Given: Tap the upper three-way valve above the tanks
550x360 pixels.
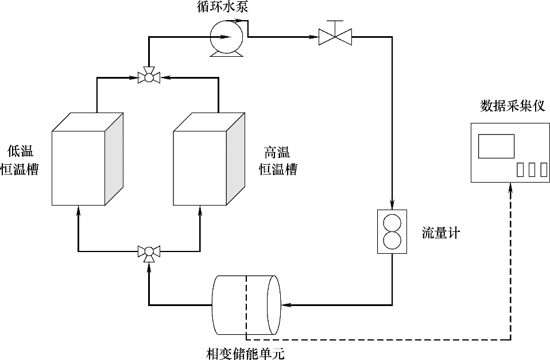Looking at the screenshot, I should [149, 76].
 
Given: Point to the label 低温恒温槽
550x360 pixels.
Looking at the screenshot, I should [20, 161].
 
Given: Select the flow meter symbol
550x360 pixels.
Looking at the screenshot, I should [392, 231].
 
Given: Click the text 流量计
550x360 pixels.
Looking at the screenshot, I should [441, 233].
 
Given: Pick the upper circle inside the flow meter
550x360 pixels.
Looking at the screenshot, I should [392, 223].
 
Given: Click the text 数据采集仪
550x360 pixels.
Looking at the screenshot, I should [512, 107].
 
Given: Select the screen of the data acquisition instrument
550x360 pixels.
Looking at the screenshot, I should [496, 146].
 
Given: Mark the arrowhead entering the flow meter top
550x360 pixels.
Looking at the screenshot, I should [392, 205].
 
